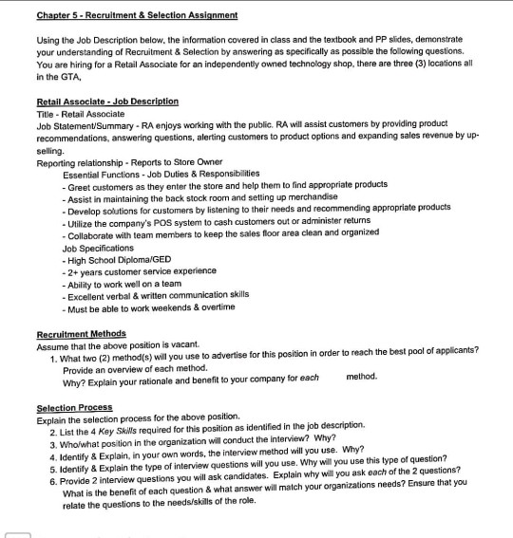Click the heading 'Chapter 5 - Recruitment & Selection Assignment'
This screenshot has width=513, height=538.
point(137,15)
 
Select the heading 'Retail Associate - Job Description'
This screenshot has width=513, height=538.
point(106,101)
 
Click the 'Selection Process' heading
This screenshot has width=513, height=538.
point(74,407)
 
